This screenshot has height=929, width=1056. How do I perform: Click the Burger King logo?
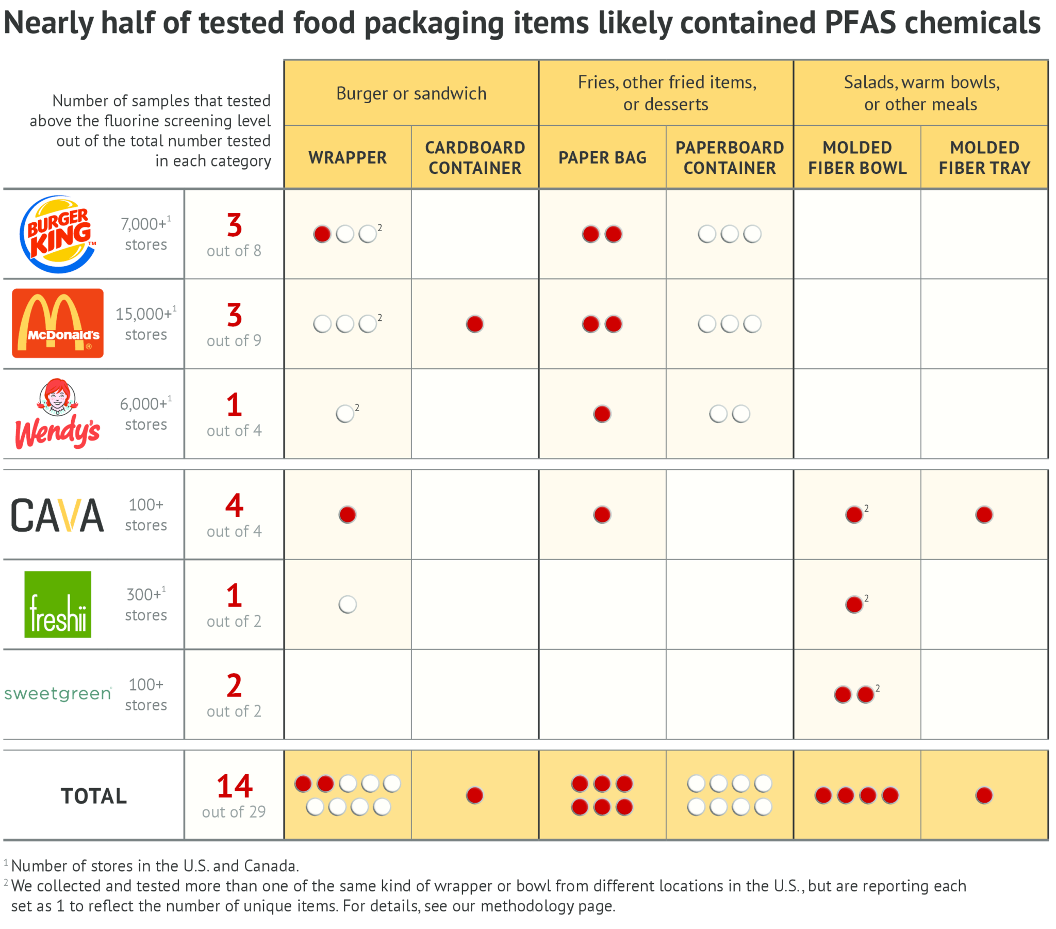(58, 234)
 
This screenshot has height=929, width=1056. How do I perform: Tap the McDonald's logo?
(58, 323)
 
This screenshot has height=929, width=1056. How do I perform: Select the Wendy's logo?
(58, 414)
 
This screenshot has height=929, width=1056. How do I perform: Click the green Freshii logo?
(58, 604)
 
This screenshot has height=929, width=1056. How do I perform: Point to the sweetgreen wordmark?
(58, 693)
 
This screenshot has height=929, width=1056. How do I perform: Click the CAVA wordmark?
(58, 515)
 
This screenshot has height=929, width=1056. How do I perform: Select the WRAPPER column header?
(347, 157)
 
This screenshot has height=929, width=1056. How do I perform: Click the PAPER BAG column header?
(602, 157)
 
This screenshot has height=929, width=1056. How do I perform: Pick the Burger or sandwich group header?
(411, 93)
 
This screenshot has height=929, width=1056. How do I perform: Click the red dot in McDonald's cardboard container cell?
(474, 324)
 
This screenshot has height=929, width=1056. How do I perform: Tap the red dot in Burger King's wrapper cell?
(322, 234)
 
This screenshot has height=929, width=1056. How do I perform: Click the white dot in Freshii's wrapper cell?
(347, 604)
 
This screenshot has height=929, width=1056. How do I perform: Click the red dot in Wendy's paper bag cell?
(602, 414)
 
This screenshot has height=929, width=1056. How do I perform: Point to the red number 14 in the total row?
(234, 786)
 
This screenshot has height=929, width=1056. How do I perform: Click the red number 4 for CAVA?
(234, 505)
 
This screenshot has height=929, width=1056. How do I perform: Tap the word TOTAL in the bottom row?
(94, 795)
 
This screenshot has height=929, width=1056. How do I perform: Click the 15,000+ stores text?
(146, 323)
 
